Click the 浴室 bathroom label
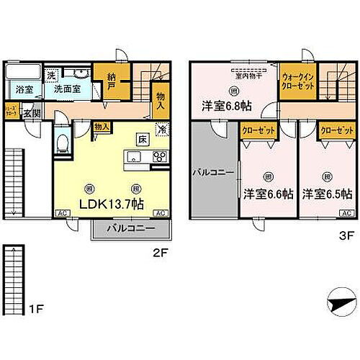(23, 89)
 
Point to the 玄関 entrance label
(30, 113)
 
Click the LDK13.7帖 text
(112, 204)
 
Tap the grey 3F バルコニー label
(213, 173)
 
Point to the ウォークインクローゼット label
(297, 81)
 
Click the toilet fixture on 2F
(62, 144)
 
